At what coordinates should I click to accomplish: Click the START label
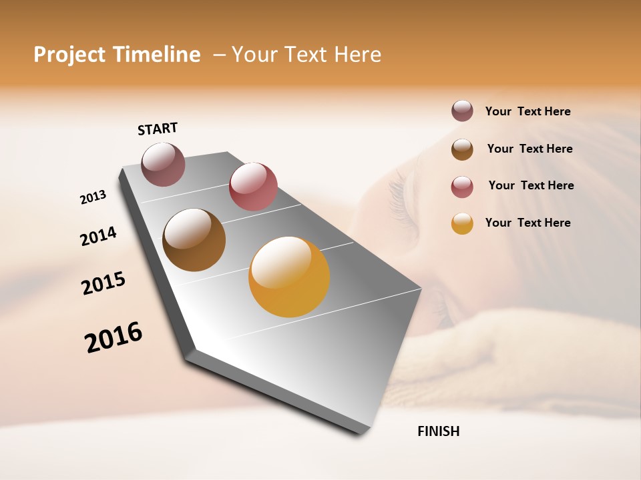click(x=158, y=129)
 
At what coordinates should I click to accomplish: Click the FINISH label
click(x=438, y=431)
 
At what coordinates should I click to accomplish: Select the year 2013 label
click(x=93, y=197)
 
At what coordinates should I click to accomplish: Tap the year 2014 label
click(x=98, y=236)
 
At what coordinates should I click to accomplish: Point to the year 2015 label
click(x=103, y=283)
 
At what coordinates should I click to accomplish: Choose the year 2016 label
click(x=114, y=337)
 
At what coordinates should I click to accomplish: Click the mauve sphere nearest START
click(x=163, y=164)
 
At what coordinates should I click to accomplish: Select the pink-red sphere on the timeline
click(x=253, y=187)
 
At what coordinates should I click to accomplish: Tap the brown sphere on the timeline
click(x=194, y=240)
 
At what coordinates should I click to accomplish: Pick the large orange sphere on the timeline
click(x=289, y=277)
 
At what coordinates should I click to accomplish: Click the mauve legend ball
click(x=462, y=111)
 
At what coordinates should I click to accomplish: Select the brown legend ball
click(x=462, y=149)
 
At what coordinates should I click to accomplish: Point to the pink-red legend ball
click(x=462, y=187)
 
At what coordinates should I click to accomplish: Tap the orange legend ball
click(x=462, y=223)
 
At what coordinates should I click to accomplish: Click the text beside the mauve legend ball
click(x=527, y=112)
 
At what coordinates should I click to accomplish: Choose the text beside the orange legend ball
click(x=527, y=223)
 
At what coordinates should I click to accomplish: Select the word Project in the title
click(x=69, y=55)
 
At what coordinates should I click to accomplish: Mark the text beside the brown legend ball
click(x=529, y=149)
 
